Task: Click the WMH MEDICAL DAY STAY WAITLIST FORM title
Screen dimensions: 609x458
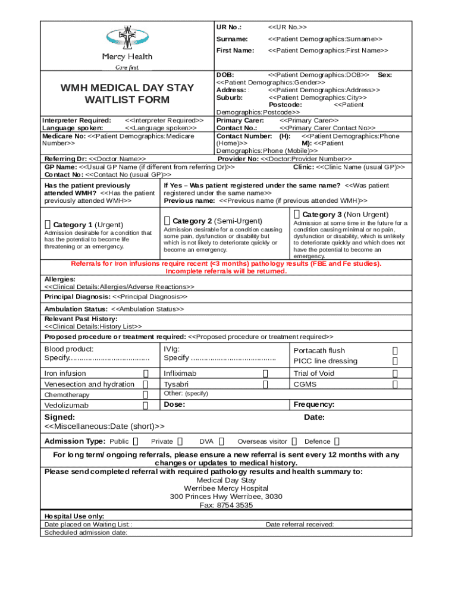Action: pos(127,93)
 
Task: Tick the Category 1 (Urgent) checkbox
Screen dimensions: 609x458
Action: pos(48,224)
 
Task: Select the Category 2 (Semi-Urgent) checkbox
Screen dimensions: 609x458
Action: pos(167,221)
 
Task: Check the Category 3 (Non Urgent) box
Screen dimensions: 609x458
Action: pos(297,214)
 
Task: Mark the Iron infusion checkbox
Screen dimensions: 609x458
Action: pos(146,373)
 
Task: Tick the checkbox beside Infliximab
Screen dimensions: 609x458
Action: pos(265,373)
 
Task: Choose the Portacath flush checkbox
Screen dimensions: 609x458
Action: pos(395,350)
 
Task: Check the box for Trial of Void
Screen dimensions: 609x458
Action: pos(395,373)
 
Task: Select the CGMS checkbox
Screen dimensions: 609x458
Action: pos(395,384)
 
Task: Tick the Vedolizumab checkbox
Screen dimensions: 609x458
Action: pos(146,406)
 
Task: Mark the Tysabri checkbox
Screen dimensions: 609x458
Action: pos(265,384)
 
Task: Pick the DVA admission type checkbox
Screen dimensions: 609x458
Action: pos(222,441)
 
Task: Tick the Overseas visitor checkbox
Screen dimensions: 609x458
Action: pos(294,441)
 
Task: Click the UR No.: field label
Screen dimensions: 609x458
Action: pos(229,27)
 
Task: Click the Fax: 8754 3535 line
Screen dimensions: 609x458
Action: pos(226,505)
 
